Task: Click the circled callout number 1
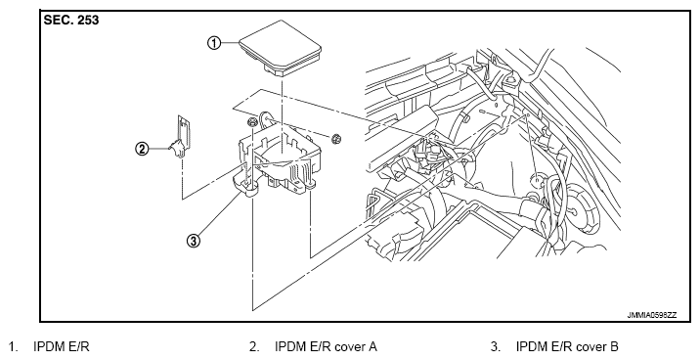pos(214,43)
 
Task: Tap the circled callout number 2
pos(142,149)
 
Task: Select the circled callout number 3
pos(193,241)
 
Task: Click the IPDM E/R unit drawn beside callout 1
pos(280,48)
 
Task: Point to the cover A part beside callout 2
pos(181,136)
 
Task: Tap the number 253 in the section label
pos(88,21)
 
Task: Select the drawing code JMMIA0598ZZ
pos(652,315)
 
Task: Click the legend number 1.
pos(13,346)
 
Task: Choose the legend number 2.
pos(254,346)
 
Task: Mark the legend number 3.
pos(495,346)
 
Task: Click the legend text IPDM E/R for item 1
pos(62,346)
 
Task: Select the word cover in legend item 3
pos(591,347)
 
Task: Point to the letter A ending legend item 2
pos(372,346)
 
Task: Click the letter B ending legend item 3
pos(614,346)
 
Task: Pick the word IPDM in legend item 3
pos(530,346)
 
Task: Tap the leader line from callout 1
pos(230,43)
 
